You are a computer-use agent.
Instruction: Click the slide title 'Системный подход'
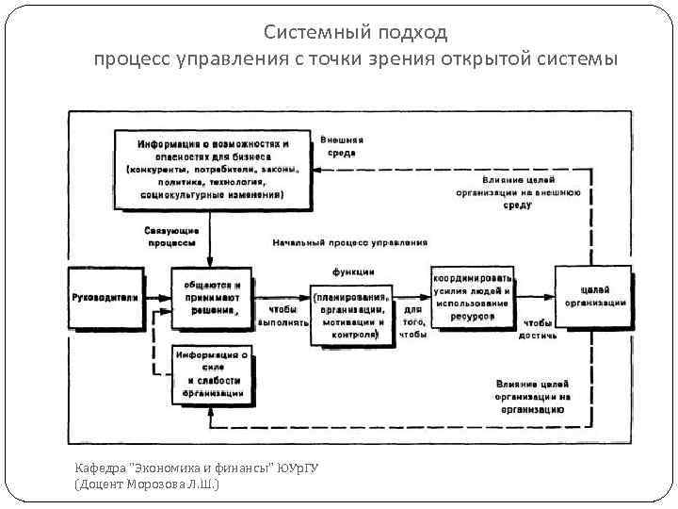pyautogui.click(x=355, y=33)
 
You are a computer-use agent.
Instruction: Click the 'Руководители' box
pyautogui.click(x=105, y=298)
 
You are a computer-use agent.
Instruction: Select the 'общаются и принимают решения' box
pyautogui.click(x=211, y=297)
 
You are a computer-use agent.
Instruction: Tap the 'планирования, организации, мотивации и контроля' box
pyautogui.click(x=350, y=310)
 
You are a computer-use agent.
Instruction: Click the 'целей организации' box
pyautogui.click(x=595, y=294)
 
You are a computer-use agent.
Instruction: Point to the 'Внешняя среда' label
pyautogui.click(x=347, y=145)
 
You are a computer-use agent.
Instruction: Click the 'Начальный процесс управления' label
pyautogui.click(x=349, y=243)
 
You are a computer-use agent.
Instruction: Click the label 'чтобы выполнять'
pyautogui.click(x=282, y=315)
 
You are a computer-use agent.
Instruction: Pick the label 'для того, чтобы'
pyautogui.click(x=413, y=320)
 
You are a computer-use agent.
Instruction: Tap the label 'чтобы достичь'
pyautogui.click(x=540, y=328)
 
